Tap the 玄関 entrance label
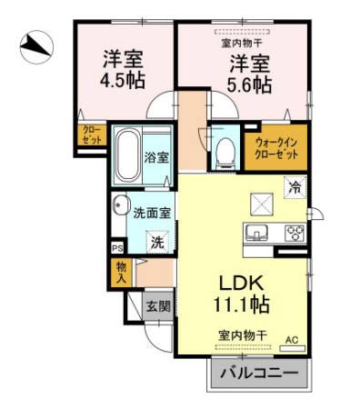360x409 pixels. point(158,306)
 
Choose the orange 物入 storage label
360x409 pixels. point(120,271)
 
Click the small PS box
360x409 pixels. point(116,247)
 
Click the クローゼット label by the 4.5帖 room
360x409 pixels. point(93,136)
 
